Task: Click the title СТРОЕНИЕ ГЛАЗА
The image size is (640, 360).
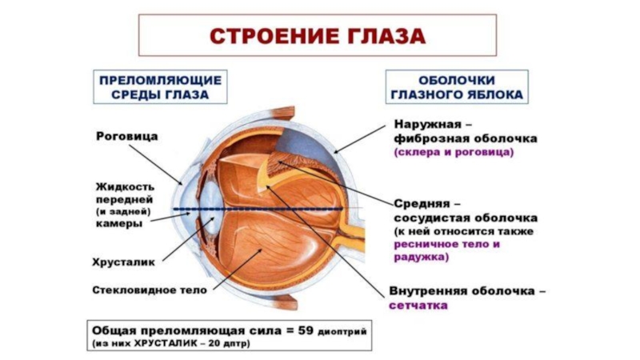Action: tap(318, 36)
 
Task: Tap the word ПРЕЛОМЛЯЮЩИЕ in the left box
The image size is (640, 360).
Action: tap(160, 80)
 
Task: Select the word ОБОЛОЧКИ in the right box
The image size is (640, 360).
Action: tap(456, 80)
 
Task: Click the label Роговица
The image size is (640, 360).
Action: tap(126, 136)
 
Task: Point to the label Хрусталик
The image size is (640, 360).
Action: tap(124, 261)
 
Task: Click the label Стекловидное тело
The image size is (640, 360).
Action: tap(150, 289)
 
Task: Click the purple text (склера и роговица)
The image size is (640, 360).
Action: tap(454, 151)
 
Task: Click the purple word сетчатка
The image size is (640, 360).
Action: tap(418, 306)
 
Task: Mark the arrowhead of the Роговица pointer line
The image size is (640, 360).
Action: tap(183, 183)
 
